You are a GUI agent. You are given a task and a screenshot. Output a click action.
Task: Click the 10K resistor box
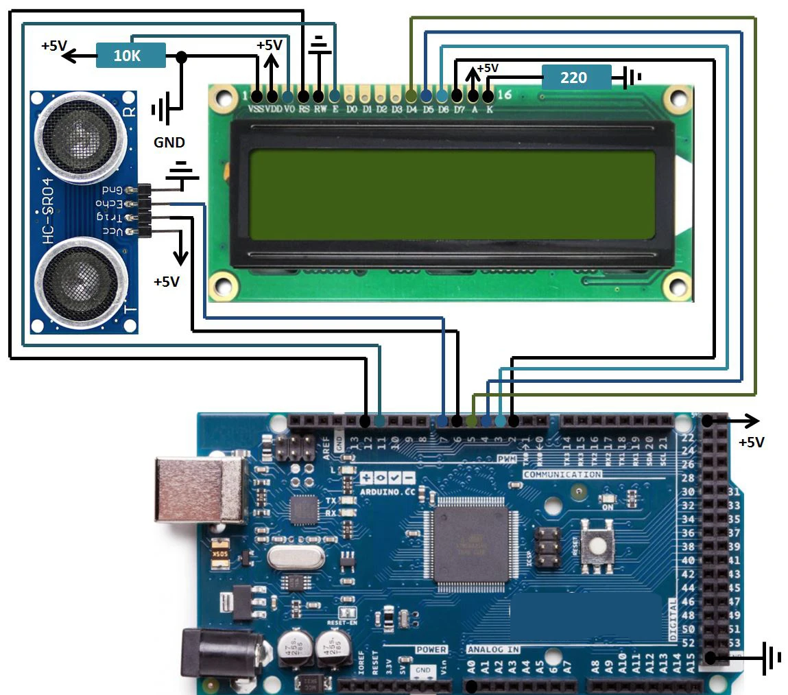tap(131, 56)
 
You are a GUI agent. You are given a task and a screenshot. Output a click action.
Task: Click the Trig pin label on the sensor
tap(110, 217)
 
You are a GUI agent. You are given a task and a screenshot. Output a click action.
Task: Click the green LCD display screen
tap(452, 195)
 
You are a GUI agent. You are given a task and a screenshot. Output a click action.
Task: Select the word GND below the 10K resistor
tap(169, 143)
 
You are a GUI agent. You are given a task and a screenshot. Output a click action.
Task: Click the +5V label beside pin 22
tap(751, 443)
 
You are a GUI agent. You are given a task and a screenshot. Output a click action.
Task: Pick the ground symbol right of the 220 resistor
tap(632, 78)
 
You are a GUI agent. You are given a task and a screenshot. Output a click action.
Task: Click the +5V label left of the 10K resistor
tap(54, 46)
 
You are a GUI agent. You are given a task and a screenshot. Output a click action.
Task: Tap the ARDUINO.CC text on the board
tap(387, 492)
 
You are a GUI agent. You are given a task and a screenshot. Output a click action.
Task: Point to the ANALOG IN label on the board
tap(493, 649)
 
